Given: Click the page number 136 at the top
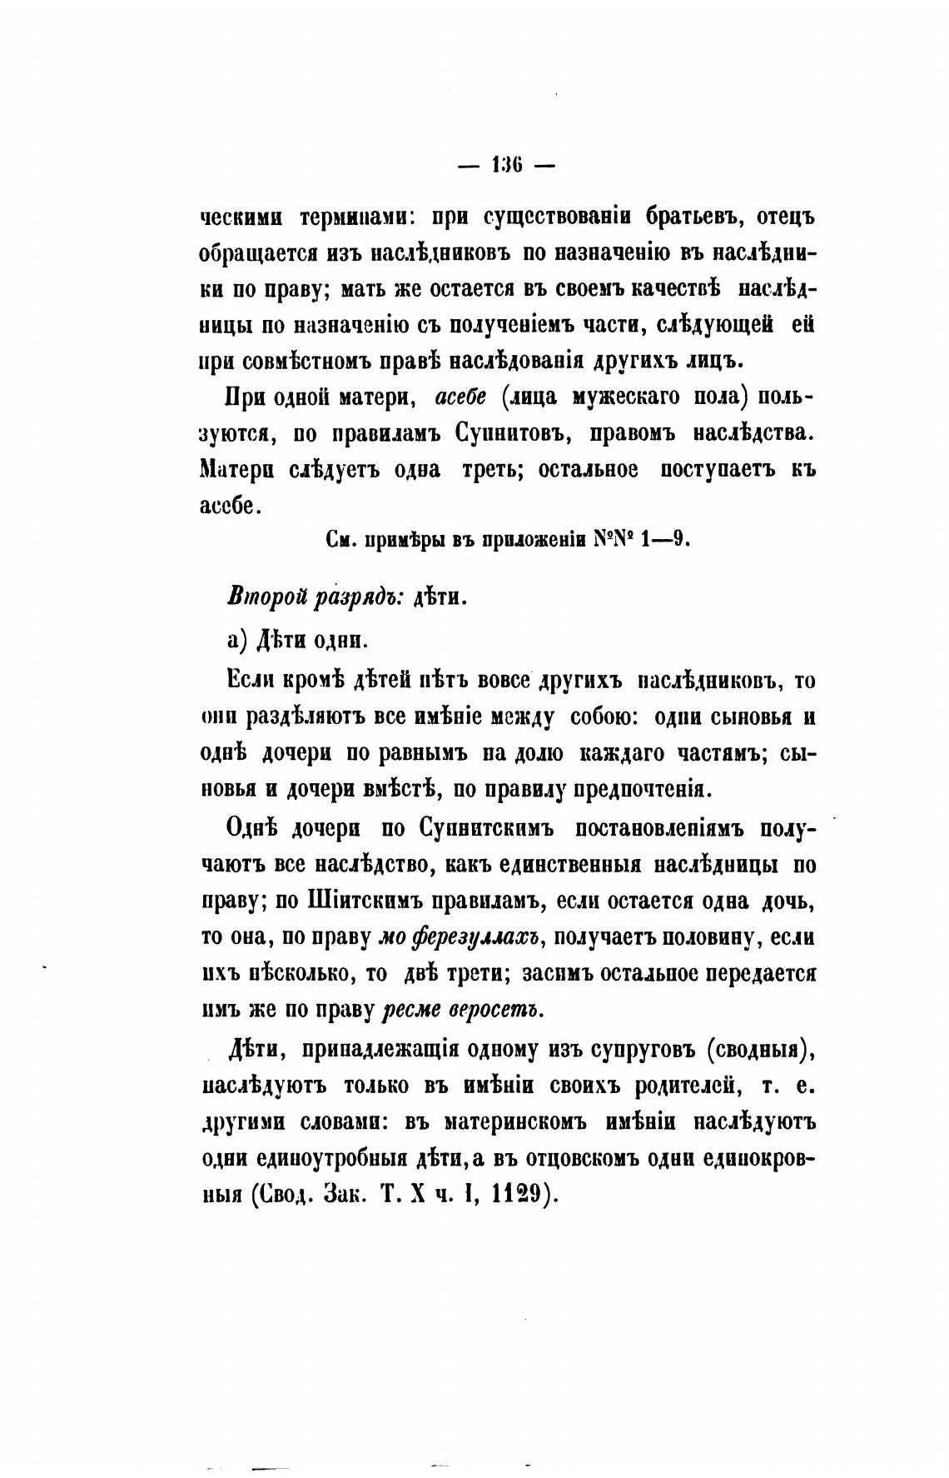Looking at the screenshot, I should click(x=506, y=164).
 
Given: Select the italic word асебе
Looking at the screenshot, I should click(x=466, y=397).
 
